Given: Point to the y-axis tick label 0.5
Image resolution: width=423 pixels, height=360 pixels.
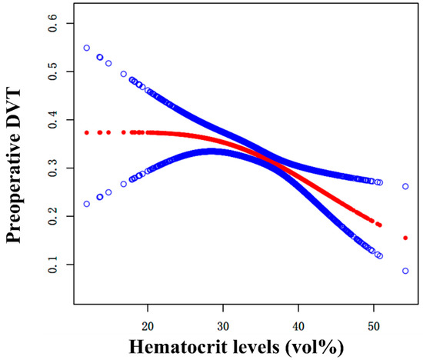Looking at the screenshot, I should pyautogui.click(x=52, y=71).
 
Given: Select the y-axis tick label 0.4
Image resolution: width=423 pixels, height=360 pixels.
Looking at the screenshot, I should pyautogui.click(x=52, y=119).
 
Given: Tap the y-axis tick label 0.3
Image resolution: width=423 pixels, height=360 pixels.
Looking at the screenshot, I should pyautogui.click(x=52, y=168).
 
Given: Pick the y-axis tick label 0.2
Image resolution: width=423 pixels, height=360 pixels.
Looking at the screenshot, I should pyautogui.click(x=52, y=216).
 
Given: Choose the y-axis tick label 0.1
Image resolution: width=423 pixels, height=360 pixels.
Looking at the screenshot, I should pyautogui.click(x=52, y=265).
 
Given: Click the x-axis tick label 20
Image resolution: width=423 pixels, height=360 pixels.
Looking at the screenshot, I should pyautogui.click(x=147, y=306).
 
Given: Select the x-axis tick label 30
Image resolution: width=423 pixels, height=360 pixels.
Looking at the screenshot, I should pyautogui.click(x=222, y=306).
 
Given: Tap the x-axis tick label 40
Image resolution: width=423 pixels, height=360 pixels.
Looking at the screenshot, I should pyautogui.click(x=298, y=306).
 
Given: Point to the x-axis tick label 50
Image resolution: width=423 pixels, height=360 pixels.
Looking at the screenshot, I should pyautogui.click(x=374, y=306).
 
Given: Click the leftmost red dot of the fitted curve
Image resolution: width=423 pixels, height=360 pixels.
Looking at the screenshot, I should pyautogui.click(x=87, y=132).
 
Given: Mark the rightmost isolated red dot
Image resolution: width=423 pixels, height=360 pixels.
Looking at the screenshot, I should pyautogui.click(x=405, y=238).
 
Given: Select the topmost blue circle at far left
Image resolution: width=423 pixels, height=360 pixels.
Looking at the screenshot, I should pyautogui.click(x=87, y=48).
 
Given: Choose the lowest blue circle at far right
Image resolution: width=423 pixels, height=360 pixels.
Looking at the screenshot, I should pyautogui.click(x=405, y=271).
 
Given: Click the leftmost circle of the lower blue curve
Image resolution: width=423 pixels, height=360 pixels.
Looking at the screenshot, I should pyautogui.click(x=87, y=204).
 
